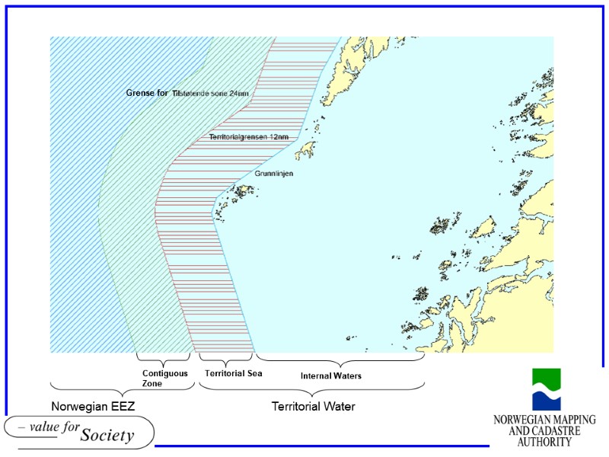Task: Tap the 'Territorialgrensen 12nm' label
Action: point(249,137)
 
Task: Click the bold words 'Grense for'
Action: point(147,93)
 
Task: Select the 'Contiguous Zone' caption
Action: point(164,379)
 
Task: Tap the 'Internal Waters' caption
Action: point(330,376)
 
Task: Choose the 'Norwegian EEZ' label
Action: point(93,407)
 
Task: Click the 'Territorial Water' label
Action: point(314,407)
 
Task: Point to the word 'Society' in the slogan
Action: point(107,436)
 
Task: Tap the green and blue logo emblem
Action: point(546,390)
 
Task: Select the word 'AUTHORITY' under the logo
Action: point(544,442)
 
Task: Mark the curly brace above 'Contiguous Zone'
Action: point(163,359)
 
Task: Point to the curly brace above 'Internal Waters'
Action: point(340,359)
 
